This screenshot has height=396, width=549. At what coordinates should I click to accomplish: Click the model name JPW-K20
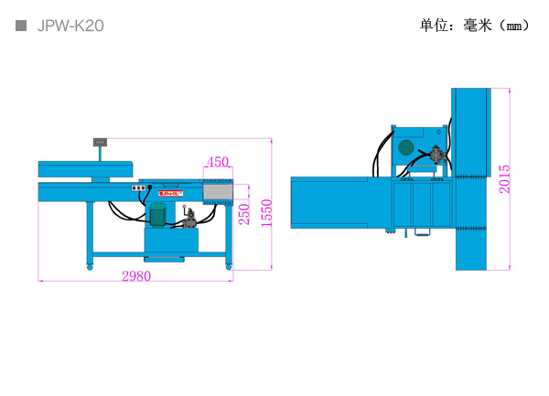coord(70,26)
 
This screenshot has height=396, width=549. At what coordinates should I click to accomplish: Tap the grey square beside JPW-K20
coord(21,26)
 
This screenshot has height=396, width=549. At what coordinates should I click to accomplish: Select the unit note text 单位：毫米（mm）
coord(474,26)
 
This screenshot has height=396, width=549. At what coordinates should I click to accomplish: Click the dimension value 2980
coord(136,276)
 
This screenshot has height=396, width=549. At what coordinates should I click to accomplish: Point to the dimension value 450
coord(218,162)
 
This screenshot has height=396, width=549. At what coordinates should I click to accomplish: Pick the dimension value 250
coord(244,214)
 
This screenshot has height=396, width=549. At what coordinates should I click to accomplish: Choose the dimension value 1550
coord(267,213)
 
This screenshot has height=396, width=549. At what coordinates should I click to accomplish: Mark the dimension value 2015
coord(504,179)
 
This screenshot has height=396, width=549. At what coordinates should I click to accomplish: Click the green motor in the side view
coord(157,215)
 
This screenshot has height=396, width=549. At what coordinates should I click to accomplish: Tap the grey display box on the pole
coord(100,142)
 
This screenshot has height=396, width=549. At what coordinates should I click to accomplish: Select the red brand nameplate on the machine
coord(170,193)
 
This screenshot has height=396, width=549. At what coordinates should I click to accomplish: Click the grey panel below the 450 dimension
coord(218,192)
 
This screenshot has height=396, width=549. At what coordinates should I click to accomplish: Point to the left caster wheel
coord(90,267)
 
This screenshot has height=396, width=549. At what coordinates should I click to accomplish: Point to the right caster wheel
coord(229,267)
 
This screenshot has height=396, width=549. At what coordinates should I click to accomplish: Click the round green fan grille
coord(406,147)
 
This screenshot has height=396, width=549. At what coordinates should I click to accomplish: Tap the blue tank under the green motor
coord(171,240)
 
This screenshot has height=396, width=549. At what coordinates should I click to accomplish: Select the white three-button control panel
coord(138,188)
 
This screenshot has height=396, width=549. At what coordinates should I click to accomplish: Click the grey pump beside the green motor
coord(189,219)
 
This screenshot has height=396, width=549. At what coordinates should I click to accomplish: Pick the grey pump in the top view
coord(437,155)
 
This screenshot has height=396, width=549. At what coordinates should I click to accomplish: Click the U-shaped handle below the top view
coord(422,232)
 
